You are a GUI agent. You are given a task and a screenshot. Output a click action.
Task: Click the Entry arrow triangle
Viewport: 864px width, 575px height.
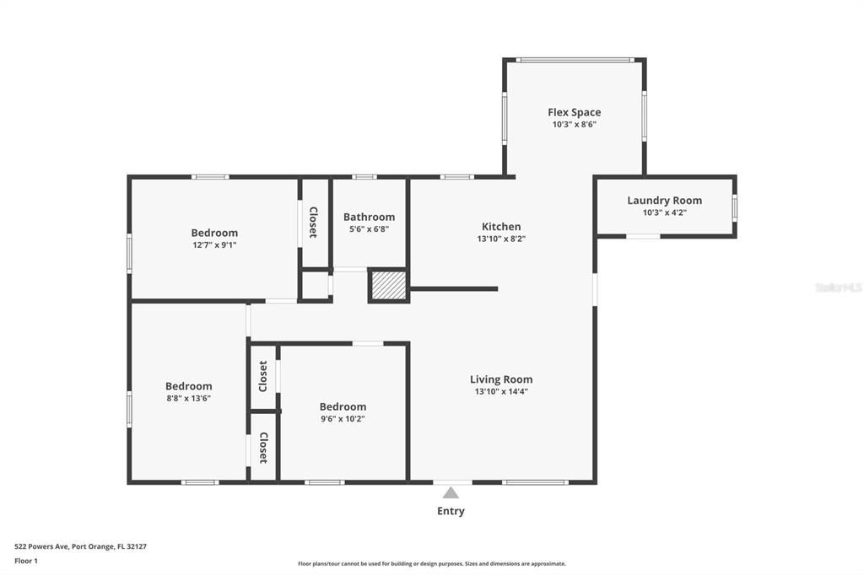click(x=451, y=492)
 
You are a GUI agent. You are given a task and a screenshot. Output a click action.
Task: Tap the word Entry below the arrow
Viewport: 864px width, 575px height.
click(x=451, y=511)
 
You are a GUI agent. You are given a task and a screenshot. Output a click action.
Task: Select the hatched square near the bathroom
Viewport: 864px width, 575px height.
click(x=388, y=286)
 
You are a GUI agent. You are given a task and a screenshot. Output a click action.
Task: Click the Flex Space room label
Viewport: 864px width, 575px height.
click(x=574, y=112)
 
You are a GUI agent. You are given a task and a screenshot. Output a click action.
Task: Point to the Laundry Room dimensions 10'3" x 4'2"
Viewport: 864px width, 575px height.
click(x=665, y=212)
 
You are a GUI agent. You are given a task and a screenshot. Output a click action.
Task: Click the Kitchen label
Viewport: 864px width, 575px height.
click(x=501, y=226)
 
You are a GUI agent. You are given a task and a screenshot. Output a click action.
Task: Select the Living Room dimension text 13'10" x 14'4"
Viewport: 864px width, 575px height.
click(x=501, y=391)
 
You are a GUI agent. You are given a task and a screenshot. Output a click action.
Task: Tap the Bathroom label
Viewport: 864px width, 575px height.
click(x=369, y=217)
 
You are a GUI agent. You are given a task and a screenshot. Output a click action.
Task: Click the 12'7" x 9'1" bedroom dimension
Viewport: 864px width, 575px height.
click(x=214, y=245)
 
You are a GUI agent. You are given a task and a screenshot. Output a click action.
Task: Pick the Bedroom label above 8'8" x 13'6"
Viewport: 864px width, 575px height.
click(x=188, y=386)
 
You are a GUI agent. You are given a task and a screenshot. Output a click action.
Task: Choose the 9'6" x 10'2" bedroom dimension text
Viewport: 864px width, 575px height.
click(x=343, y=418)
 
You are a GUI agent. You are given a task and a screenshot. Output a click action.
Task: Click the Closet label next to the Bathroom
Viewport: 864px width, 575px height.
click(x=313, y=222)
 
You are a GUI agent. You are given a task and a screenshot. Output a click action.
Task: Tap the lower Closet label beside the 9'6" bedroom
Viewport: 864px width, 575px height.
click(x=263, y=447)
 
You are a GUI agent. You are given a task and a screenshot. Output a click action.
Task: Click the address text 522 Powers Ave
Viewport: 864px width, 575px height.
click(x=42, y=547)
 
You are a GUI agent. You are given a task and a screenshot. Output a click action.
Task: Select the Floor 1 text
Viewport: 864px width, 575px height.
click(x=26, y=562)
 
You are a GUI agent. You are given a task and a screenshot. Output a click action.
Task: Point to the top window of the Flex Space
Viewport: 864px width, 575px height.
click(x=574, y=60)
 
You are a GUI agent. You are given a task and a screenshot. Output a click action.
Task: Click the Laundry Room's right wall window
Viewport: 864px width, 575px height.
click(x=735, y=207)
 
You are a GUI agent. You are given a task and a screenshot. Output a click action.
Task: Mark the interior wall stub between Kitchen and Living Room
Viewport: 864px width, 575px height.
click(x=454, y=288)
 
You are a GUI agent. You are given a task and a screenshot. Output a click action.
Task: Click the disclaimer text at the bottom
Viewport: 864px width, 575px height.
click(x=432, y=564)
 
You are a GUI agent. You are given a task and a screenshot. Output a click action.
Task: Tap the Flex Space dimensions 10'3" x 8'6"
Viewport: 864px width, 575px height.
click(x=574, y=125)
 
